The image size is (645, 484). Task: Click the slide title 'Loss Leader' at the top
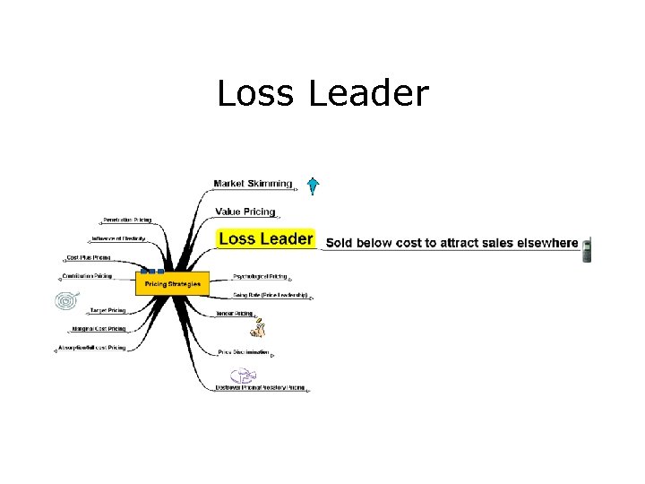click(x=322, y=93)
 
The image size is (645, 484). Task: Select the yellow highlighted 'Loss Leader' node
click(x=266, y=238)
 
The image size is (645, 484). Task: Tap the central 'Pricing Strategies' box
click(x=172, y=283)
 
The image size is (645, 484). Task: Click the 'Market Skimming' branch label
click(x=253, y=184)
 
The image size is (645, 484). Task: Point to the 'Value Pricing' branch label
click(x=245, y=212)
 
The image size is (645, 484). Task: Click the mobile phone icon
click(x=587, y=249)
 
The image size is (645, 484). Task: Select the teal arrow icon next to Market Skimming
click(x=312, y=186)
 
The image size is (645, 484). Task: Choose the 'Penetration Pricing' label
click(x=126, y=220)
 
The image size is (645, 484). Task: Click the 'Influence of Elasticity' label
click(x=117, y=238)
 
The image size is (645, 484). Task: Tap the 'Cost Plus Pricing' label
click(x=88, y=257)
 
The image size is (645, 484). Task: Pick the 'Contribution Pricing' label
click(x=87, y=276)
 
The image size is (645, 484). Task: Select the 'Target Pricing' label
click(x=107, y=310)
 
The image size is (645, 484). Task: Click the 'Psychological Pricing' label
click(x=260, y=276)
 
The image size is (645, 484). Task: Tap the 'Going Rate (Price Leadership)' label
click(x=270, y=295)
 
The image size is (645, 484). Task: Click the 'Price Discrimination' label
click(x=244, y=352)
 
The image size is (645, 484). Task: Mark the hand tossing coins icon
click(x=258, y=329)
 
